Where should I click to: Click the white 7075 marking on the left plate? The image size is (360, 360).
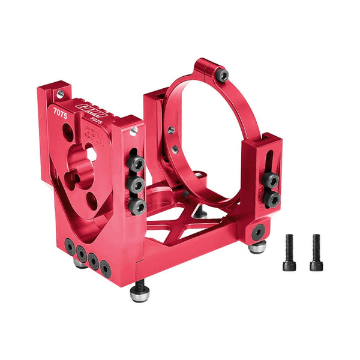60,111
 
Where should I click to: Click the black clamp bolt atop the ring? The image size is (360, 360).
223,75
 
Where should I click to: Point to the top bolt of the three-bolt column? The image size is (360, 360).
137,163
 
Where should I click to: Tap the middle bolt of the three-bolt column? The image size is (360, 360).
137,184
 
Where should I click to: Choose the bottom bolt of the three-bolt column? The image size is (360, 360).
137,206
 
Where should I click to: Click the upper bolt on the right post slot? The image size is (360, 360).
271,179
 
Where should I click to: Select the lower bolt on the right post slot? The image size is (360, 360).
272,199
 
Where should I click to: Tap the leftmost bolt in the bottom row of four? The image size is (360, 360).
70,246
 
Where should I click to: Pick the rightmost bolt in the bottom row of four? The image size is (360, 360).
106,268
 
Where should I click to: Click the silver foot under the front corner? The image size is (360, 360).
140,294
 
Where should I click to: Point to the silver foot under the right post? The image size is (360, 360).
258,247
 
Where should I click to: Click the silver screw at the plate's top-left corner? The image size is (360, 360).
60,94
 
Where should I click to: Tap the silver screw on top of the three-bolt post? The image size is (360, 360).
134,130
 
